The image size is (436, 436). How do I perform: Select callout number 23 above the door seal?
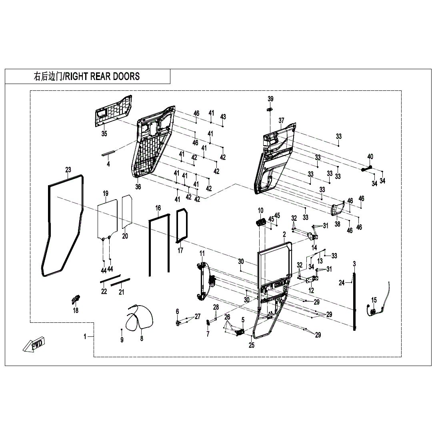[68, 170]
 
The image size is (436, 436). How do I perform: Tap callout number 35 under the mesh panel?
[104, 134]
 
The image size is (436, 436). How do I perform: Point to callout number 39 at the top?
[270, 99]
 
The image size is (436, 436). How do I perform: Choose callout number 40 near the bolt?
[370, 156]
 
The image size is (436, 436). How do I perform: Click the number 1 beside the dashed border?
[85, 337]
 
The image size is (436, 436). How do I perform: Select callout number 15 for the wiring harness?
[374, 300]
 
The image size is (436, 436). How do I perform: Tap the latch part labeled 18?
[75, 298]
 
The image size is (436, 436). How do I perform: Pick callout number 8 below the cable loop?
[141, 338]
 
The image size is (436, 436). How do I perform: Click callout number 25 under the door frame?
[251, 345]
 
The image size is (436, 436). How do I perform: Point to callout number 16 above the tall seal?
[158, 208]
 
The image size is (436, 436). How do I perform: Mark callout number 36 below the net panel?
[138, 186]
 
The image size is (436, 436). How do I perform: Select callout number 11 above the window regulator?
[202, 253]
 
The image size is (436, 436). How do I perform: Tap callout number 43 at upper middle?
[223, 117]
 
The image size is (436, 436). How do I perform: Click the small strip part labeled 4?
[109, 153]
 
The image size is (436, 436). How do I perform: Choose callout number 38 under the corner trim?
[337, 224]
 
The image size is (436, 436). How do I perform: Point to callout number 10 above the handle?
[260, 210]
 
